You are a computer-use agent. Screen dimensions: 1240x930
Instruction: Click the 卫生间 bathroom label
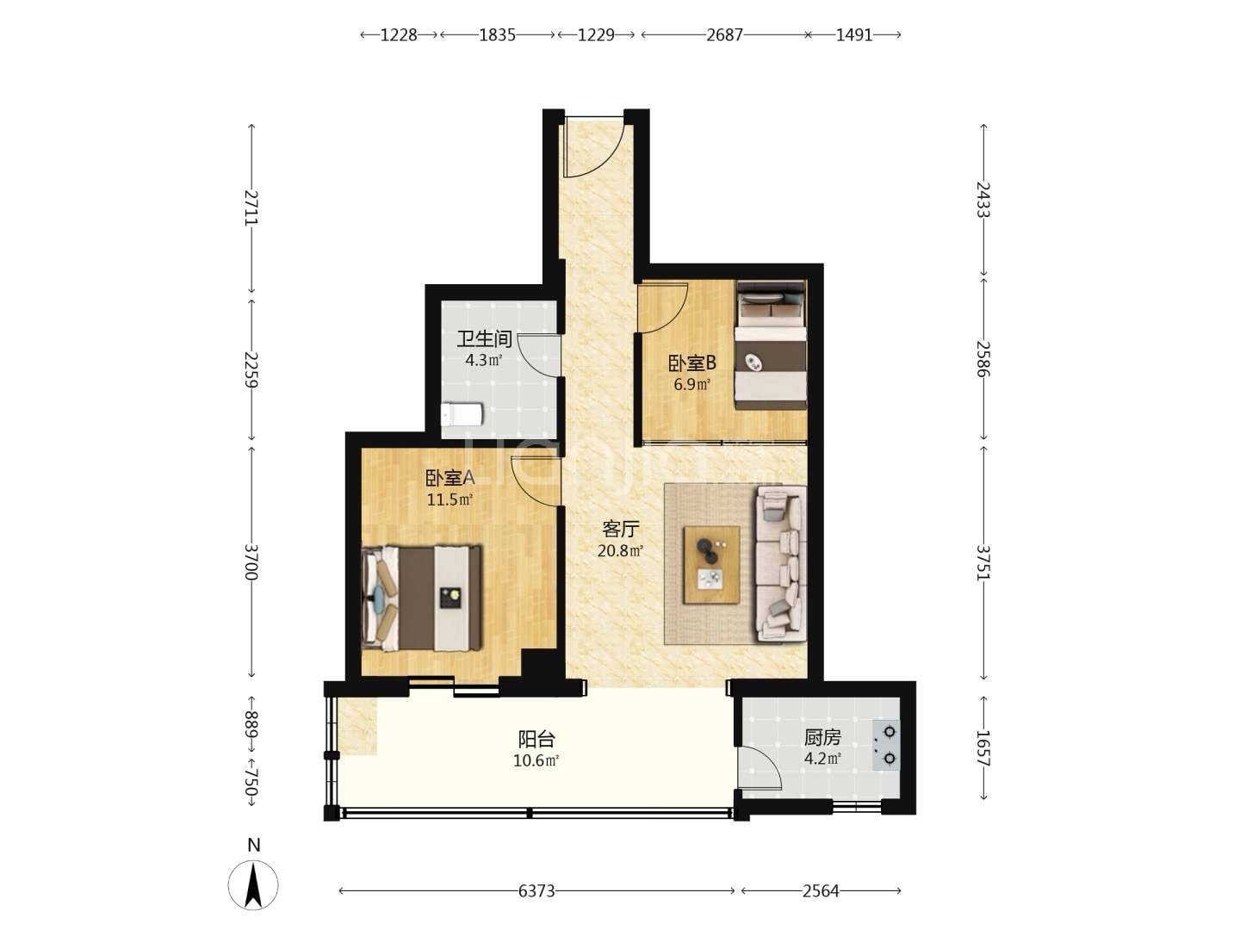tap(484, 339)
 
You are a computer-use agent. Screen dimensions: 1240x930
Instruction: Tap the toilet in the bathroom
tap(462, 414)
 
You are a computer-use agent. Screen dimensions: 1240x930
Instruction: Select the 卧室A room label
tap(449, 478)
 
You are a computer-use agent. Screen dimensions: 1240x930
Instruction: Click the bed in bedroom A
tap(421, 598)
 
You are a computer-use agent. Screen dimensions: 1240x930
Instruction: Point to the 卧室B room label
tap(692, 363)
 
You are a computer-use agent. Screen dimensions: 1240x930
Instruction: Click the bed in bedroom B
tap(771, 345)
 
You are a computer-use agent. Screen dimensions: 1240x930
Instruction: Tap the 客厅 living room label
tap(620, 529)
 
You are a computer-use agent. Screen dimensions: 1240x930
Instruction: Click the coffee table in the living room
tap(712, 565)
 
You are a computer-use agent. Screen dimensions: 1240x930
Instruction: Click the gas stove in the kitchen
tap(886, 746)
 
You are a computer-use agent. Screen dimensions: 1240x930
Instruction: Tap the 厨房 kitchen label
tap(822, 737)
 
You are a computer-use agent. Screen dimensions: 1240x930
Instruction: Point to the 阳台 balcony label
tap(536, 739)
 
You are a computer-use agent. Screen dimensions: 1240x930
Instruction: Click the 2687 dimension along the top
tap(725, 35)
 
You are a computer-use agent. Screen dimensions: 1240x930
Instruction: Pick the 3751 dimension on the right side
tap(983, 562)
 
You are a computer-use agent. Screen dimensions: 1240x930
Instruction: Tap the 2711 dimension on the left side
tap(251, 208)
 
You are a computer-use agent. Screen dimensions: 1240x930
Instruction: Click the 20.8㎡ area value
tap(620, 550)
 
